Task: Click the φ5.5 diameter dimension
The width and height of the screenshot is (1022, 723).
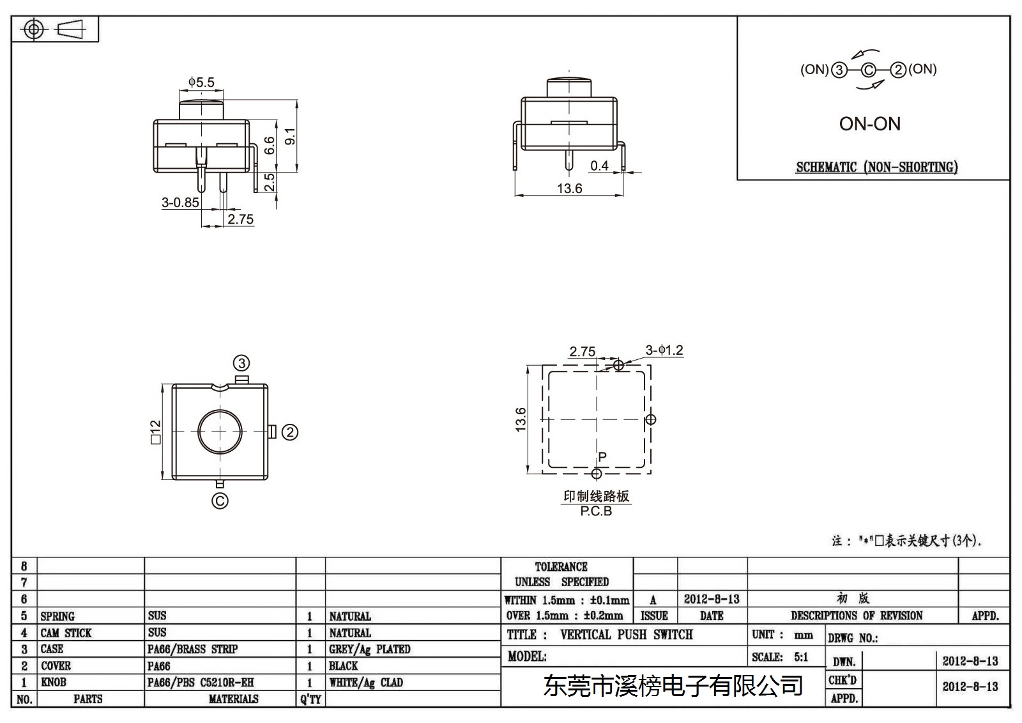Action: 201,82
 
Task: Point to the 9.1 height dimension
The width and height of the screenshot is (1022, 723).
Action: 290,137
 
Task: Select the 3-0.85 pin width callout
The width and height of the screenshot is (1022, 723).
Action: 180,203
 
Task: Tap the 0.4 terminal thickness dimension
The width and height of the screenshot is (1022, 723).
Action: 599,166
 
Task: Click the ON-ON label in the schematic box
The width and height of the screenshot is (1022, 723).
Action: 869,124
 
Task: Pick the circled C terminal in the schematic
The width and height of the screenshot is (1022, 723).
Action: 868,70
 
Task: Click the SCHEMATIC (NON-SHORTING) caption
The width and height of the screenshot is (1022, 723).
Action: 876,167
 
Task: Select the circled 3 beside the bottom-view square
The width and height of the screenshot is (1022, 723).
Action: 241,363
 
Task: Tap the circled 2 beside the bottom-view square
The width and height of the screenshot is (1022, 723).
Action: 290,432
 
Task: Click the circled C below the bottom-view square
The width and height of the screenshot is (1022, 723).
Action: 220,501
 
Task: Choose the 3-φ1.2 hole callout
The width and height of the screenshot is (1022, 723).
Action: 664,350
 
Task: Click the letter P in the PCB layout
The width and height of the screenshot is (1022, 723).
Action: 602,456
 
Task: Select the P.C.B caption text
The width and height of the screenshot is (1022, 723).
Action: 596,511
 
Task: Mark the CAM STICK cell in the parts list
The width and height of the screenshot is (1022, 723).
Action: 66,633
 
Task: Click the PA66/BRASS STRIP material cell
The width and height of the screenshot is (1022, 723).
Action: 192,649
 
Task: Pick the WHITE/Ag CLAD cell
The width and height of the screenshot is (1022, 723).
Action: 365,682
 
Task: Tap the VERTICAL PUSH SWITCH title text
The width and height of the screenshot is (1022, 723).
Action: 626,634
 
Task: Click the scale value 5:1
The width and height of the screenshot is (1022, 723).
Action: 801,657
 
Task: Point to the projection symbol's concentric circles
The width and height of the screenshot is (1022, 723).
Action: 34,29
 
